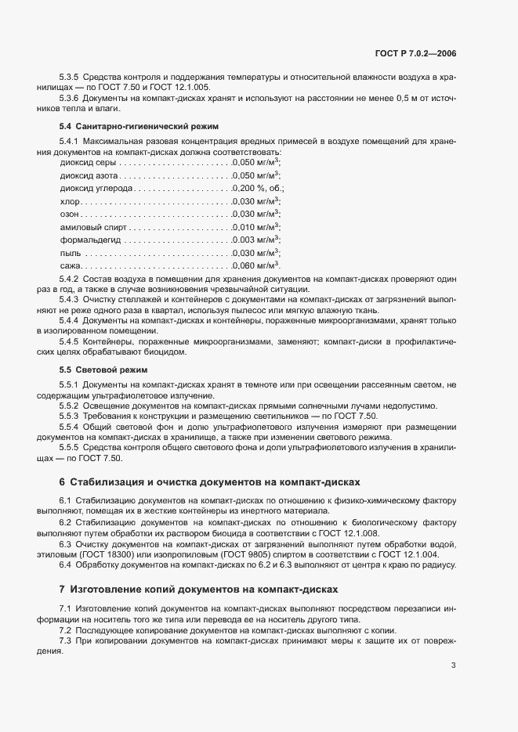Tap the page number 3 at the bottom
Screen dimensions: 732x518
tap(454, 687)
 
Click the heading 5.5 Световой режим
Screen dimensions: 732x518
tap(103, 369)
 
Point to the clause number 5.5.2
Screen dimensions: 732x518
tap(69, 405)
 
